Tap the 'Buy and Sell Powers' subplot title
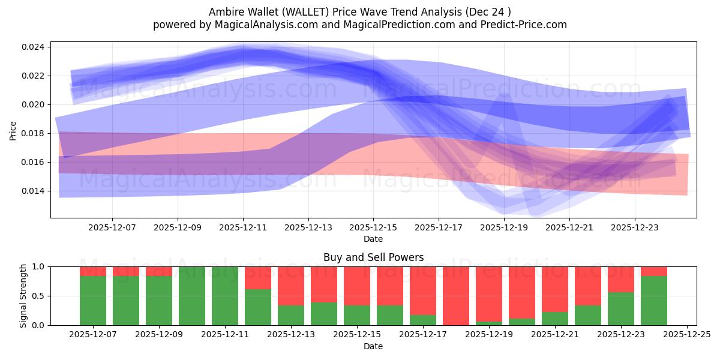pyautogui.click(x=373, y=257)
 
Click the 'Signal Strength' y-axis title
pyautogui.click(x=23, y=296)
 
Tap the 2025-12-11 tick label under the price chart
pyautogui.click(x=243, y=227)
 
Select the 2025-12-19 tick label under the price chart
pyautogui.click(x=504, y=227)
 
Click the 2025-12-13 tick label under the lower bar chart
pyautogui.click(x=291, y=335)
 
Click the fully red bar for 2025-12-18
pyautogui.click(x=456, y=296)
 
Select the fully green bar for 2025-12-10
pyautogui.click(x=192, y=296)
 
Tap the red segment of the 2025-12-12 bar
pyautogui.click(x=258, y=278)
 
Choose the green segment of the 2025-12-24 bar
pyautogui.click(x=654, y=301)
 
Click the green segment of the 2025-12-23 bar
pyautogui.click(x=621, y=308)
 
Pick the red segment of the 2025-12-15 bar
pyautogui.click(x=357, y=286)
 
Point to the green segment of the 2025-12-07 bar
pyautogui.click(x=93, y=301)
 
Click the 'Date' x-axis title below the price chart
pyautogui.click(x=373, y=239)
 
